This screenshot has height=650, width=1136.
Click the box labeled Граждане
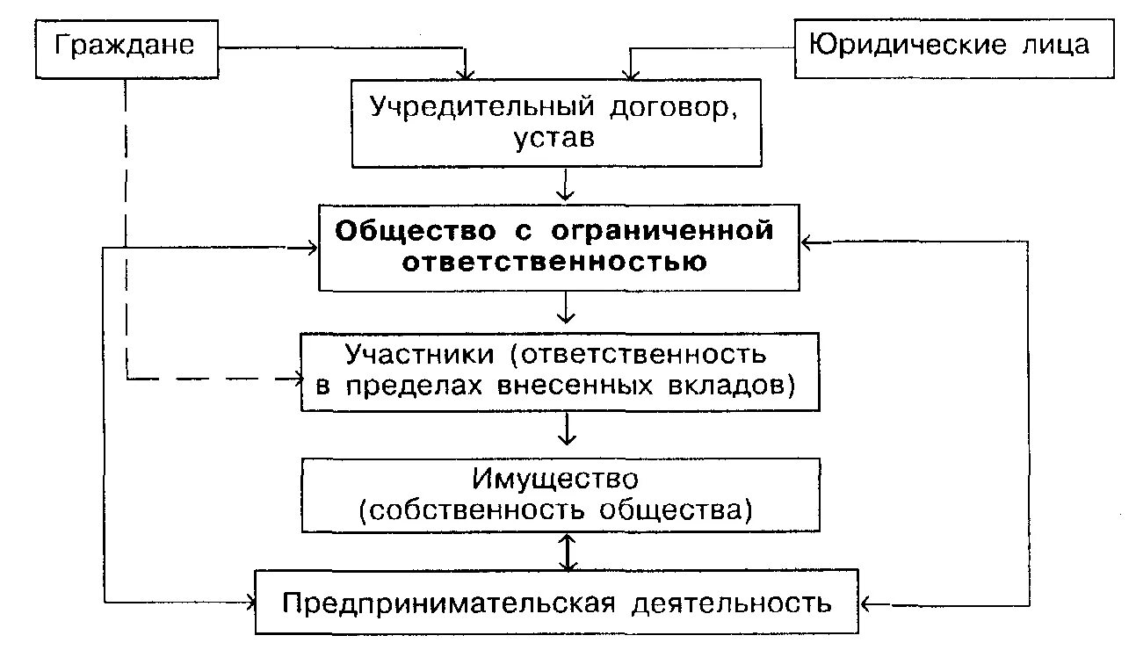127,46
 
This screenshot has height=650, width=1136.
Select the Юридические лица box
950,46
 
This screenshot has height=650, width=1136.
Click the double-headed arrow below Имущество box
568,551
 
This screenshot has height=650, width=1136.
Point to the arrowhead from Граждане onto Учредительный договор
468,72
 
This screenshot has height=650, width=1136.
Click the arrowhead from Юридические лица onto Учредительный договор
627,72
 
